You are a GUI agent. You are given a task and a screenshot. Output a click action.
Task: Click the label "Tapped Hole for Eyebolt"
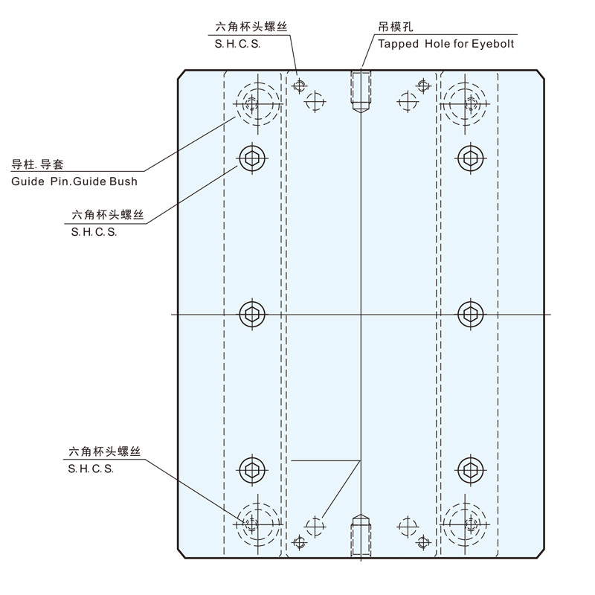coord(445,44)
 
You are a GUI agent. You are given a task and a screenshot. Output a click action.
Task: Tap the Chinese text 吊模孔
coord(395,28)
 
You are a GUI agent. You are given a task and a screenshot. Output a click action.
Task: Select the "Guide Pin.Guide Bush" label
coord(74,181)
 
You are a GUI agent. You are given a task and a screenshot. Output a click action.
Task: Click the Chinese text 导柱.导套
coord(36,164)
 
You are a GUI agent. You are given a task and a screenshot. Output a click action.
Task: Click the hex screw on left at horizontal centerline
coord(253,313)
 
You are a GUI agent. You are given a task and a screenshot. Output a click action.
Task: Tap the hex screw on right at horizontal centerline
coord(469,313)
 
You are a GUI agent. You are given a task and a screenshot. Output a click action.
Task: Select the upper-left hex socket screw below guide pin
coord(253,157)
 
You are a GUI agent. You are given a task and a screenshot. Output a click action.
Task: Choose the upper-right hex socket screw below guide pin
coord(469,157)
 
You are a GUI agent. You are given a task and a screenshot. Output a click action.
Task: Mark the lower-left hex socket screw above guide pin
coord(253,469)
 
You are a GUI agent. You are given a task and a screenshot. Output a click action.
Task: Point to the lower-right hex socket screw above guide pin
coord(469,469)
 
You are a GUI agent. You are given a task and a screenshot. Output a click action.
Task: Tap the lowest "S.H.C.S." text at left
coord(91,469)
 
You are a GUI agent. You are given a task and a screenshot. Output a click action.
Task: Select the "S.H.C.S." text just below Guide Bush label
coord(94,231)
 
